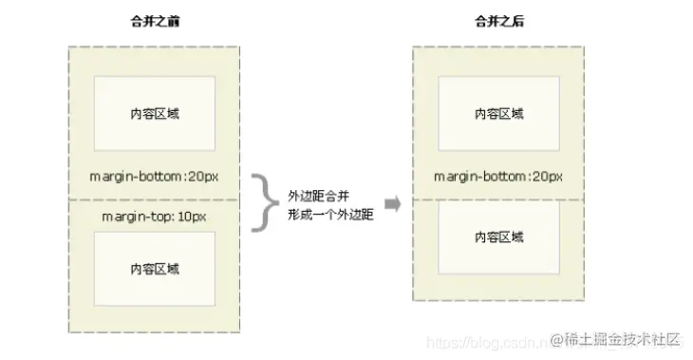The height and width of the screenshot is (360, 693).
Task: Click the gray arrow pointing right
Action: pyautogui.click(x=391, y=204)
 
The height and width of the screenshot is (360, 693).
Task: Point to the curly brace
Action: pyautogui.click(x=261, y=201)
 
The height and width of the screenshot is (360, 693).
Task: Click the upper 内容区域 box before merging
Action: pyautogui.click(x=155, y=113)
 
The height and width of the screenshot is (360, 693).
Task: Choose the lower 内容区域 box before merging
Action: pyautogui.click(x=155, y=269)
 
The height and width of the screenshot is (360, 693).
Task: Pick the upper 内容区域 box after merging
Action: pyautogui.click(x=498, y=113)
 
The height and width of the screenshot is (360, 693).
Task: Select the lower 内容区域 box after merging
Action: pyautogui.click(x=498, y=237)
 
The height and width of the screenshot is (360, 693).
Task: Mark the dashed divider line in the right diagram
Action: pyautogui.click(x=498, y=199)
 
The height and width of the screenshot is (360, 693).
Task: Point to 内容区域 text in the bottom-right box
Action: pyautogui.click(x=498, y=237)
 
